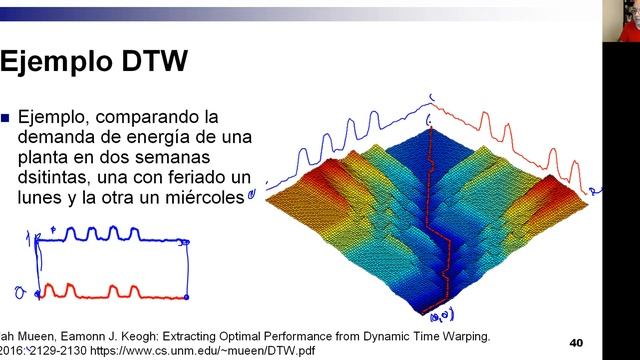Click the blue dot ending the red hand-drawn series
(x=186, y=298)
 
